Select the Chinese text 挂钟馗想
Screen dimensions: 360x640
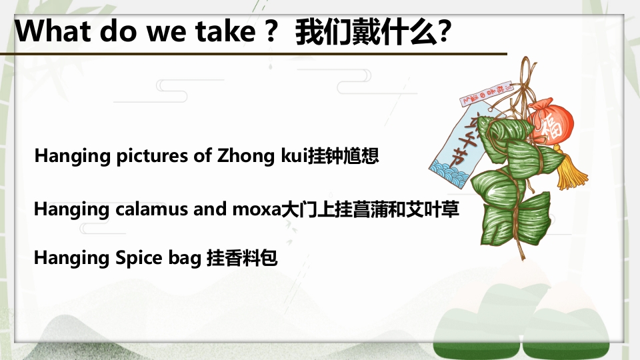coord(343,157)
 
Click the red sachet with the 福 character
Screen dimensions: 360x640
coord(550,124)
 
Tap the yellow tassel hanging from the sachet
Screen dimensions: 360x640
coord(570,171)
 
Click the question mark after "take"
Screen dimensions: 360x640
coord(270,31)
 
